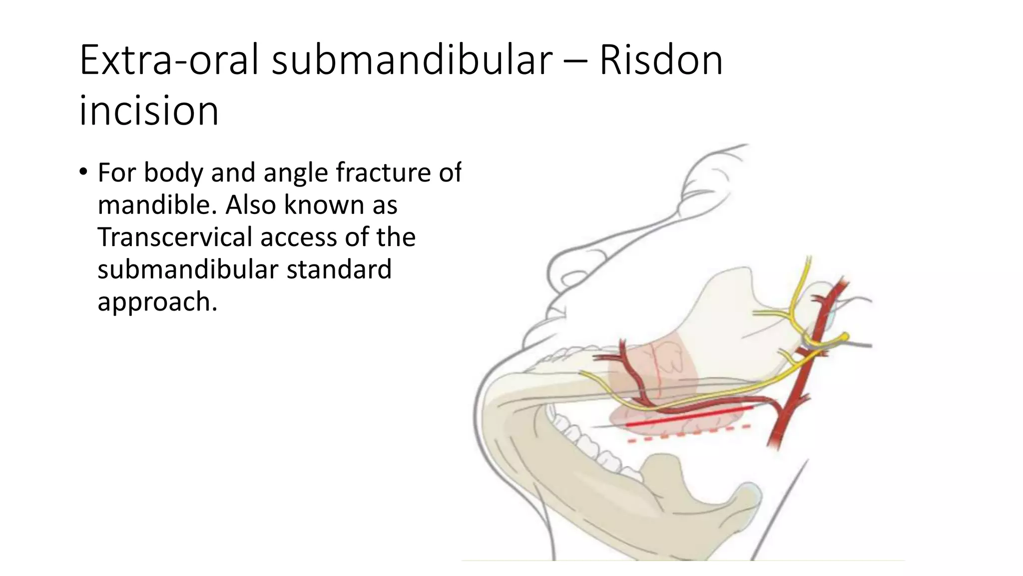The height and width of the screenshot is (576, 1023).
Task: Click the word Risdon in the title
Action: click(x=660, y=61)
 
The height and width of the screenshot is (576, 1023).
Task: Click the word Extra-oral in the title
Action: click(x=169, y=61)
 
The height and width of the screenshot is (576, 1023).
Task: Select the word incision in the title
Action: click(x=149, y=111)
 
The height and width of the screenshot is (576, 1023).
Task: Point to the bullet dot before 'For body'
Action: click(x=83, y=172)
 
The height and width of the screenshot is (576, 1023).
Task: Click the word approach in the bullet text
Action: click(x=156, y=302)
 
